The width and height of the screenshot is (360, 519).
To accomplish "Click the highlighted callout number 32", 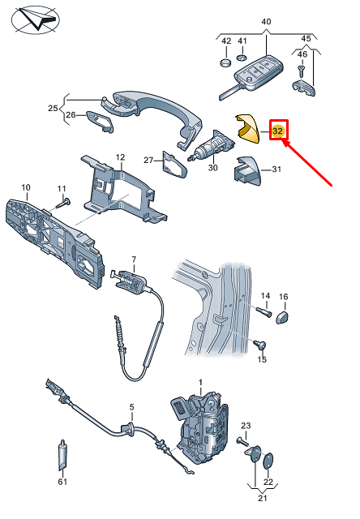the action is pyautogui.click(x=277, y=131).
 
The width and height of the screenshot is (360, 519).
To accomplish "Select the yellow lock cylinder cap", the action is pyautogui.click(x=247, y=128).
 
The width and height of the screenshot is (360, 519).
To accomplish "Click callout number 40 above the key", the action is pyautogui.click(x=266, y=22).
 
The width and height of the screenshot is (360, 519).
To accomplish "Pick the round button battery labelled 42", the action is pyautogui.click(x=225, y=62).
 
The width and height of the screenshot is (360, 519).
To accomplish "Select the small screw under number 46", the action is pyautogui.click(x=301, y=71).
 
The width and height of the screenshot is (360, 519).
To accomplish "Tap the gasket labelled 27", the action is pyautogui.click(x=174, y=165).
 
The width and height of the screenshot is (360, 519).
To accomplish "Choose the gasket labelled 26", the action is pyautogui.click(x=100, y=121).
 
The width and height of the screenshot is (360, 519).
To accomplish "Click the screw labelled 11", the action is pyautogui.click(x=63, y=204).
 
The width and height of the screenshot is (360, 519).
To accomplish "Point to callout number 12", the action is pyautogui.click(x=120, y=157).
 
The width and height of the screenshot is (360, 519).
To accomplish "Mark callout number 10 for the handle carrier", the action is pyautogui.click(x=26, y=187).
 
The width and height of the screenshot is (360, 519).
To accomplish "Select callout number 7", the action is pyautogui.click(x=134, y=259).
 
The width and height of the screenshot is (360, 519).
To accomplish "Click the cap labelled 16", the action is pyautogui.click(x=283, y=317).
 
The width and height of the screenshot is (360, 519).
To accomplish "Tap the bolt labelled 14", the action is pyautogui.click(x=264, y=311).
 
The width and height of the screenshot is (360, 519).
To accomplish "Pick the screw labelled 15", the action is pyautogui.click(x=259, y=344).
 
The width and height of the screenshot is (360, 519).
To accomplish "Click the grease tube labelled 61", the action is pyautogui.click(x=62, y=456).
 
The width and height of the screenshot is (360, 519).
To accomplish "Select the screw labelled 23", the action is pyautogui.click(x=242, y=441).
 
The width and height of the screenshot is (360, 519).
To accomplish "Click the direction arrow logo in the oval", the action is pyautogui.click(x=36, y=20).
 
